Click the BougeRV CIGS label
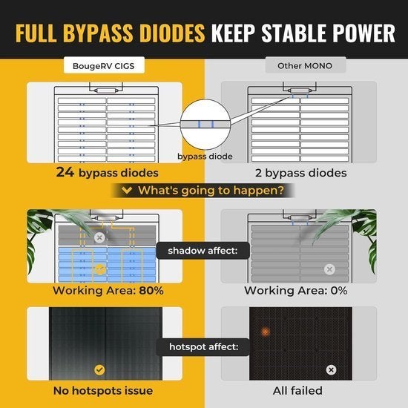104,65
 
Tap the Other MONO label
305,65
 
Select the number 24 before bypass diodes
65,172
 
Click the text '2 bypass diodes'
300,173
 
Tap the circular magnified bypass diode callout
205,124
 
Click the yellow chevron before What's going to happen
127,190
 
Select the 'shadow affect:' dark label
203,251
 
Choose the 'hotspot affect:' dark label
203,347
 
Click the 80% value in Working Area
151,290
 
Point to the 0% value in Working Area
339,290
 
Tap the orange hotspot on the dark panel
265,332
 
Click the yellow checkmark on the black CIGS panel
99,369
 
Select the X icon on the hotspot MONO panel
331,369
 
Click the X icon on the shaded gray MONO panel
329,269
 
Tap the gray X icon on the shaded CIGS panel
99,237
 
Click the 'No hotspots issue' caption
103,390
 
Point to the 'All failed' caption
297,390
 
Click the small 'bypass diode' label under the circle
205,157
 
